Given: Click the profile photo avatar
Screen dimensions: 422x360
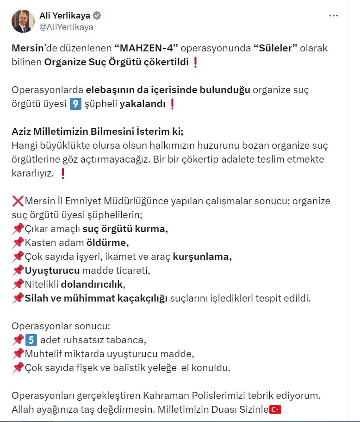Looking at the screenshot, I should point(23,21).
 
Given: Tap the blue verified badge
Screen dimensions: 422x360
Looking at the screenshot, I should point(97,16).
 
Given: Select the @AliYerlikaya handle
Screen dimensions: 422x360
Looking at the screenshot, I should point(66,27).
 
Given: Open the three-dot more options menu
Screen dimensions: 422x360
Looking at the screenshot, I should point(334,16).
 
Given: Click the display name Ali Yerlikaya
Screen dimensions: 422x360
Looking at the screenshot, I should point(64,16).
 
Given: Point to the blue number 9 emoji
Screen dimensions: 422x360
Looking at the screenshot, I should point(75,104).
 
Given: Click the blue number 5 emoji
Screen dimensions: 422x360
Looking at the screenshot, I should point(31,340).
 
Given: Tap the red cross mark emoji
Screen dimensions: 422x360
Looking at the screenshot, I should point(18,201).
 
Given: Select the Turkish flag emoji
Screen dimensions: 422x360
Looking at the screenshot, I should point(276,409).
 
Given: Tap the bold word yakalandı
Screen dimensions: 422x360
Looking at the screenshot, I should point(143,104).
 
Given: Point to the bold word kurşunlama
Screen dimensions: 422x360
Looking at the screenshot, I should point(202,256).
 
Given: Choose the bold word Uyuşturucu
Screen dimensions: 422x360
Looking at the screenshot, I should point(52,270).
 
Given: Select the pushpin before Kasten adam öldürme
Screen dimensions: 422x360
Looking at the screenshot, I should point(18,242).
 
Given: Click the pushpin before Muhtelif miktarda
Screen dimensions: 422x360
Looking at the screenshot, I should point(18,353).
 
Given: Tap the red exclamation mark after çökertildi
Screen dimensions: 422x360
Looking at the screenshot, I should point(195,63).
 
